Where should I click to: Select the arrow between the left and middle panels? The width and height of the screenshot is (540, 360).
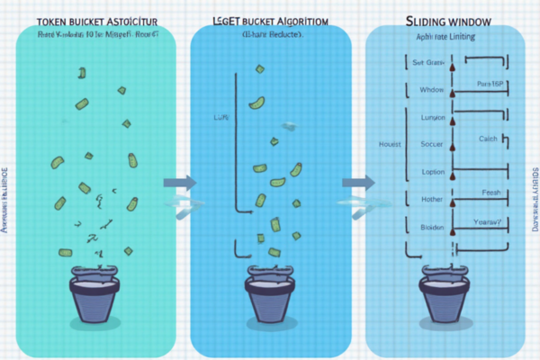point(178,183)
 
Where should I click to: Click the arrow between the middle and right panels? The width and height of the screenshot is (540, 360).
point(358,183)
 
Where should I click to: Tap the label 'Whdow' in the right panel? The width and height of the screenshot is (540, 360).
point(432,90)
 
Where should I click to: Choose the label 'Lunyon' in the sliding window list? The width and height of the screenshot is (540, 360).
point(433,117)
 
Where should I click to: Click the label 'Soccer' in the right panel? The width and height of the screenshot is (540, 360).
point(432,144)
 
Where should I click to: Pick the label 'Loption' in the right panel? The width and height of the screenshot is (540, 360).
point(432,171)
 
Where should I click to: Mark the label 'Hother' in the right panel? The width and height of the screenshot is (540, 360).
point(432,199)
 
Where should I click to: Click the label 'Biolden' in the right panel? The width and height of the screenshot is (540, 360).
point(432,228)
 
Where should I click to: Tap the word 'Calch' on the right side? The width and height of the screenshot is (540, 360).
point(489,138)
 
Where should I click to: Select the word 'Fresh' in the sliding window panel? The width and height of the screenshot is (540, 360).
point(491,192)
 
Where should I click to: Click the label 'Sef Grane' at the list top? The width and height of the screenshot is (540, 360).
point(429,63)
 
